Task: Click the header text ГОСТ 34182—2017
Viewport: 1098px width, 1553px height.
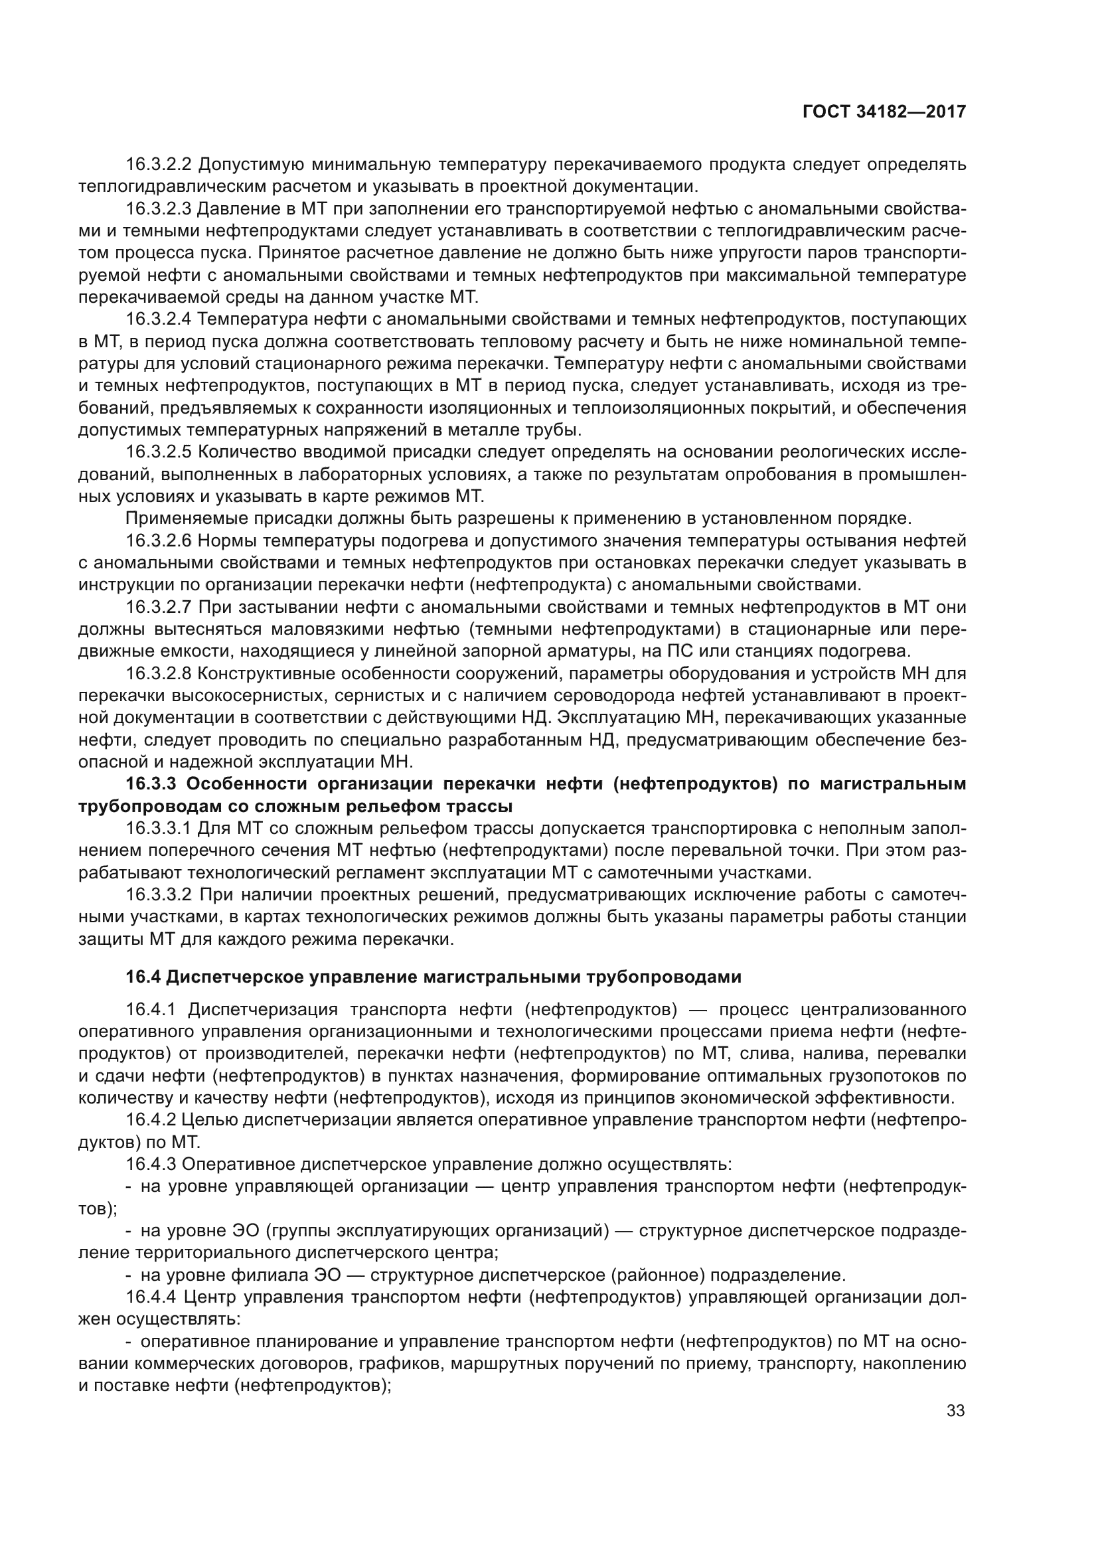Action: point(884,112)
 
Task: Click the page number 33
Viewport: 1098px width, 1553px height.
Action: point(955,1411)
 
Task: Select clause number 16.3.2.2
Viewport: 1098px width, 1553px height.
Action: point(159,165)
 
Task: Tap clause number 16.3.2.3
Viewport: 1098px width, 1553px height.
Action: point(159,208)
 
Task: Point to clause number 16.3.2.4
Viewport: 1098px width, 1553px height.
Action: point(159,319)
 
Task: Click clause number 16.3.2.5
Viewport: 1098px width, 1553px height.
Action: point(159,452)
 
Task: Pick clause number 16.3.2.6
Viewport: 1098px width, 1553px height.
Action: point(159,540)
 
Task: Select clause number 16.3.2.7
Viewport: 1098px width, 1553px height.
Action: point(159,607)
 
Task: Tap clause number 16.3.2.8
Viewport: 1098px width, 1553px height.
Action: point(159,673)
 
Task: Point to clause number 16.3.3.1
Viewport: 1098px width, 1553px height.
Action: point(159,829)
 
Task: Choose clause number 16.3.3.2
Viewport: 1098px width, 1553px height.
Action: point(159,895)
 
